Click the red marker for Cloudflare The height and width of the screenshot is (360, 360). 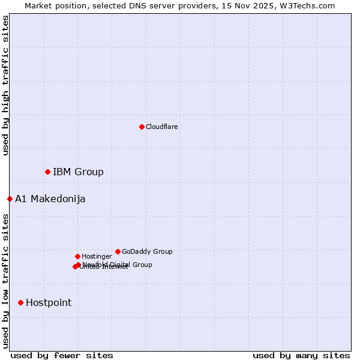pos(142,127)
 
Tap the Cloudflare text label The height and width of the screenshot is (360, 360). pos(161,127)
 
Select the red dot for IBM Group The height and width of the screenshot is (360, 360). pos(47,172)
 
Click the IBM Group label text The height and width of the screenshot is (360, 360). pos(78,172)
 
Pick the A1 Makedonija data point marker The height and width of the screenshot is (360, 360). pos(10,199)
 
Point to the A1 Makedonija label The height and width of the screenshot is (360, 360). pos(50,199)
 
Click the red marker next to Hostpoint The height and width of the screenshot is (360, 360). pos(20,302)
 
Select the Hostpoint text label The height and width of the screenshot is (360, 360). pos(48,302)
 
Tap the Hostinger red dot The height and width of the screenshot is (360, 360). pos(77,256)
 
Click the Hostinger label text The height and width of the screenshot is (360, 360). pos(97,256)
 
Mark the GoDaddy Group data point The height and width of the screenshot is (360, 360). pos(118,251)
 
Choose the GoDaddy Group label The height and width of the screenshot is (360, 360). pos(147,251)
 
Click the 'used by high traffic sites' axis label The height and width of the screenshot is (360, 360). pos(5,85)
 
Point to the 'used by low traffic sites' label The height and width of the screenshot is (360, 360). pos(5,281)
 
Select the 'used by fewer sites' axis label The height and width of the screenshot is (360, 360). pos(62,355)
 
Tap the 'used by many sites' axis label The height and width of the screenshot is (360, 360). pos(301,355)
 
